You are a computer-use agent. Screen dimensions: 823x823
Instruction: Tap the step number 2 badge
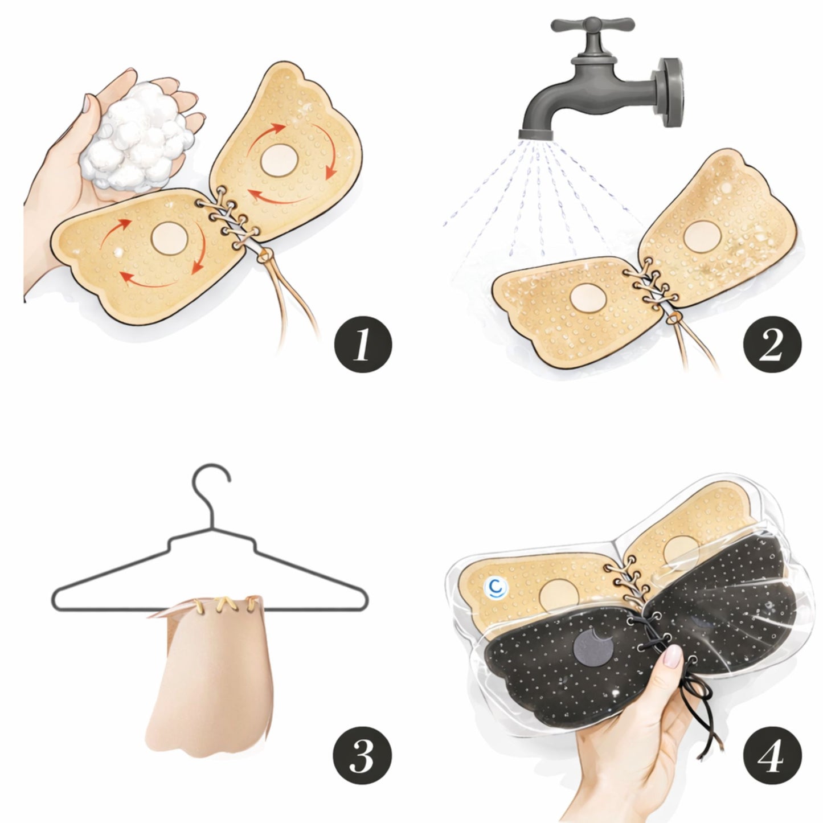point(772,346)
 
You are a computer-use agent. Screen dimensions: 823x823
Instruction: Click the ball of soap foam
point(137,137)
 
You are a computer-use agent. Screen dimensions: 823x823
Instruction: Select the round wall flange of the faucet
point(670,92)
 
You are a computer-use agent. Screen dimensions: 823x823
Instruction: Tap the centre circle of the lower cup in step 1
point(170,238)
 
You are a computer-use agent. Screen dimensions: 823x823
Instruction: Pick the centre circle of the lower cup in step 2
point(588,298)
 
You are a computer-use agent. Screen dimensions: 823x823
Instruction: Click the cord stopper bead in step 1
point(263,257)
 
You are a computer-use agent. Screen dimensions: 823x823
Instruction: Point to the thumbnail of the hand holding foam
point(87,103)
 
